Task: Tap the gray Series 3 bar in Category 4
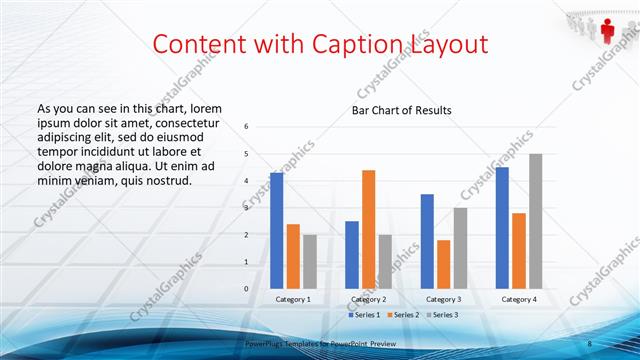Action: [x=536, y=221]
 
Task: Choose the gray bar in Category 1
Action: [x=310, y=261]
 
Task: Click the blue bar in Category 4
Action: [x=502, y=227]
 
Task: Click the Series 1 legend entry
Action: [x=364, y=315]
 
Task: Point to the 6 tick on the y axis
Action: [x=247, y=127]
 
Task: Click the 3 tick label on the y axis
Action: [x=247, y=208]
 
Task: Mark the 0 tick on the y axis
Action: [x=247, y=289]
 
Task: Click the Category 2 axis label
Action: [x=369, y=299]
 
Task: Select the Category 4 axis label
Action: [x=518, y=299]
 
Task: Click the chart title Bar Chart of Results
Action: [x=401, y=110]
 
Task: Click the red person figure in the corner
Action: [x=607, y=20]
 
